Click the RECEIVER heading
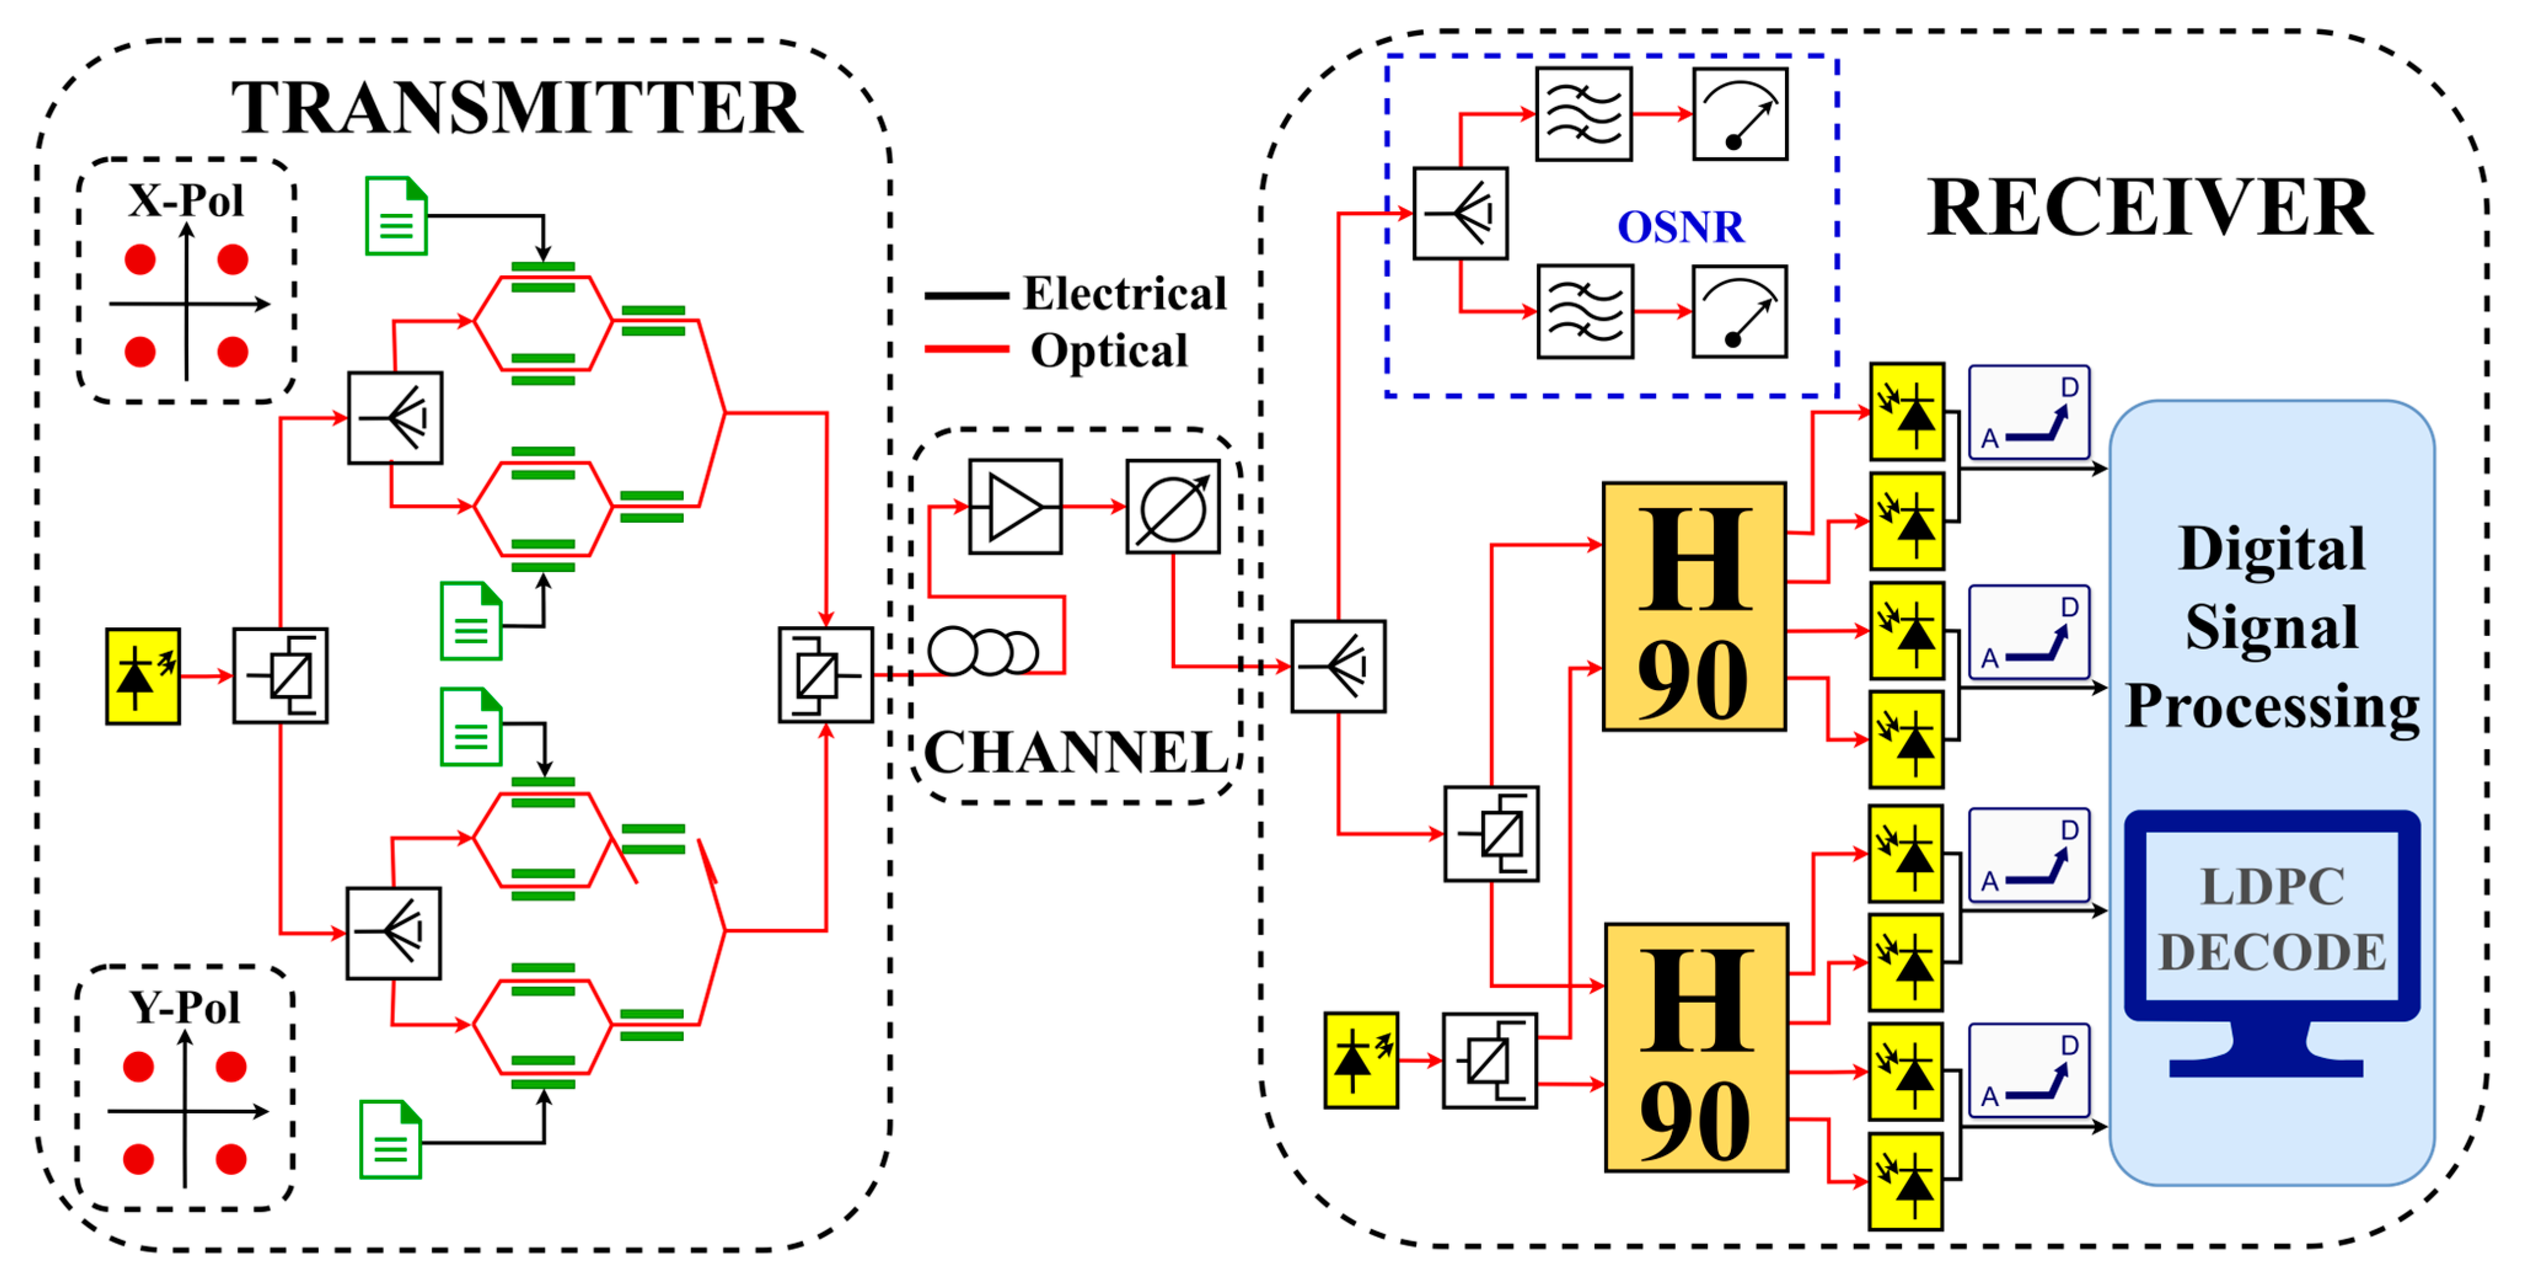click(x=2149, y=208)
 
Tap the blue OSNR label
click(x=1680, y=227)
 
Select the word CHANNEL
click(x=1075, y=752)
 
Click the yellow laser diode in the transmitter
click(x=143, y=677)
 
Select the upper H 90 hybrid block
click(x=1693, y=606)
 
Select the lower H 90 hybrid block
click(x=1695, y=1047)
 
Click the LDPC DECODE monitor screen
click(x=2271, y=917)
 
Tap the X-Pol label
click(x=186, y=201)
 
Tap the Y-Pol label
click(x=185, y=1008)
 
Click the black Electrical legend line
click(x=966, y=295)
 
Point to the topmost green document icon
click(x=396, y=216)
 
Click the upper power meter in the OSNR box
click(x=1740, y=114)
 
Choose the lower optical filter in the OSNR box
click(x=1585, y=312)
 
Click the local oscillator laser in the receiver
click(x=1360, y=1061)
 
